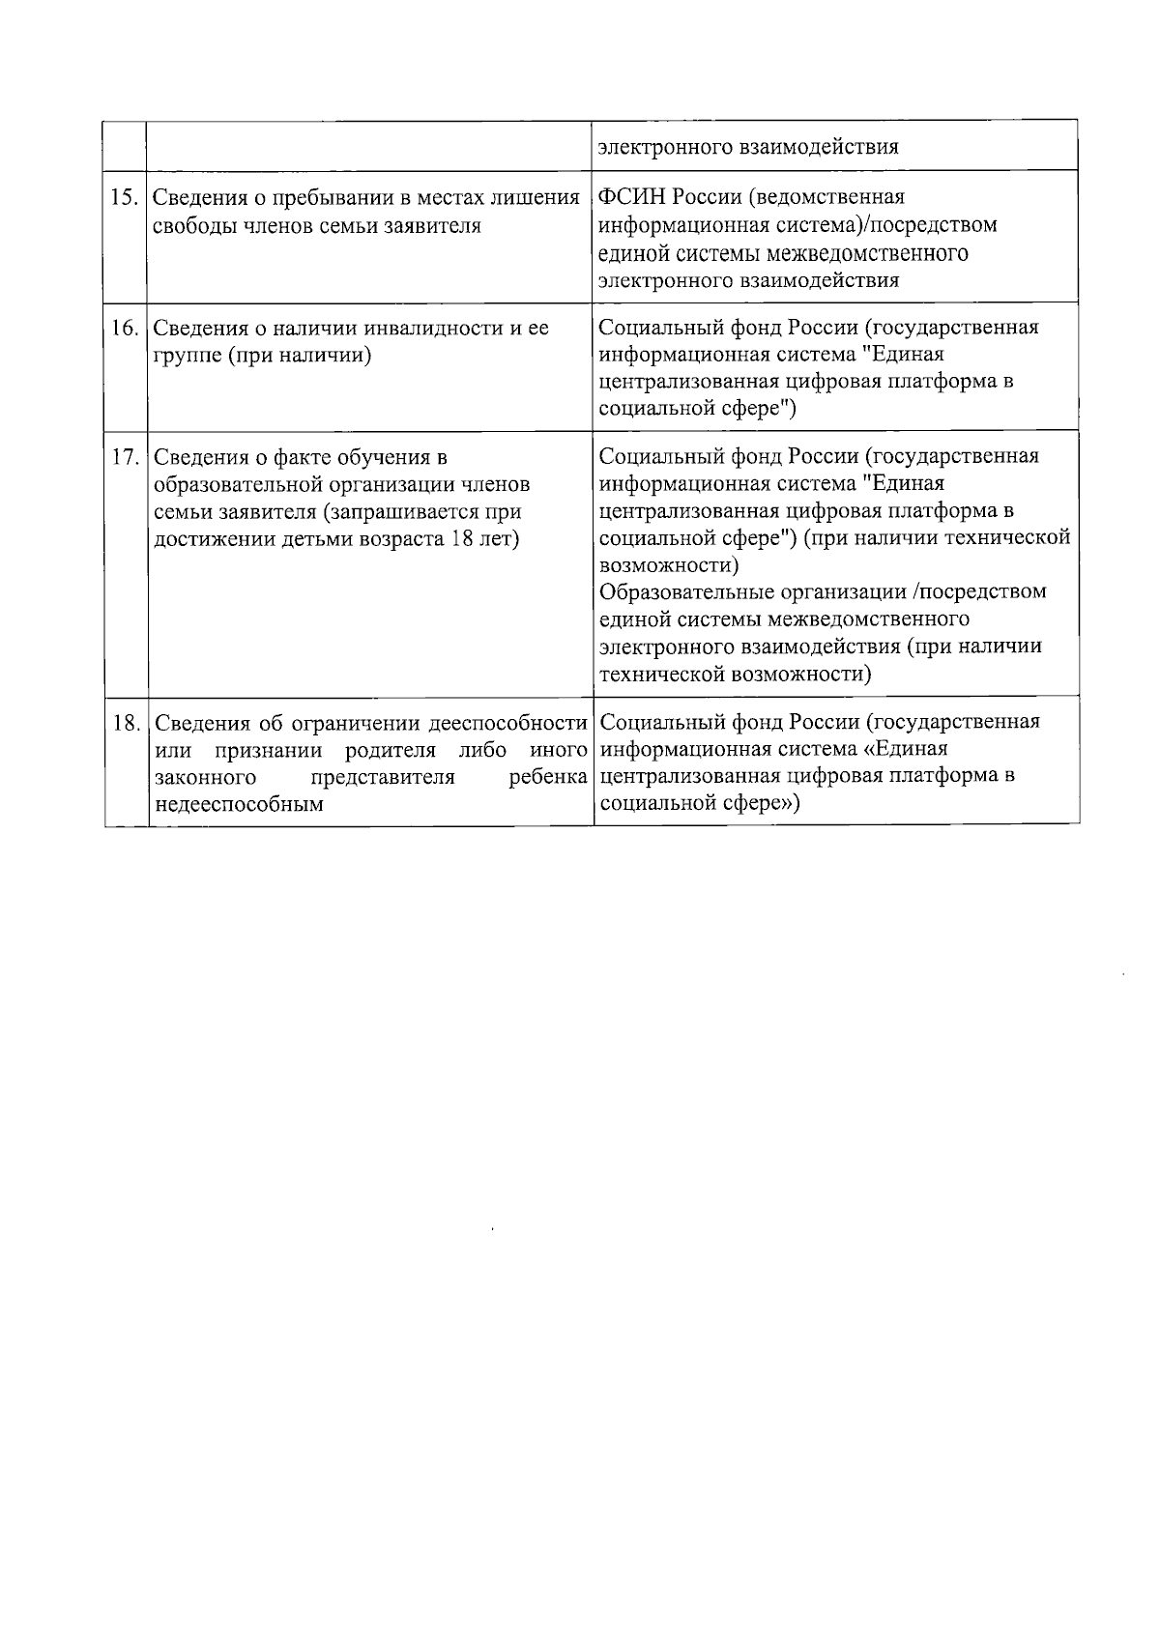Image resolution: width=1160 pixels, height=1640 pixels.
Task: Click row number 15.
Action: pos(125,198)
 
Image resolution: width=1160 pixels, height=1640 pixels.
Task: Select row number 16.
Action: pos(125,329)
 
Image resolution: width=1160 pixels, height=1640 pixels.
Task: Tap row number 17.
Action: pos(125,457)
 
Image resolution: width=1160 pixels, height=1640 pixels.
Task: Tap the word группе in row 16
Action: pos(187,355)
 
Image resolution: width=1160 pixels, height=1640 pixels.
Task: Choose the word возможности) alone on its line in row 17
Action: pos(669,564)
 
